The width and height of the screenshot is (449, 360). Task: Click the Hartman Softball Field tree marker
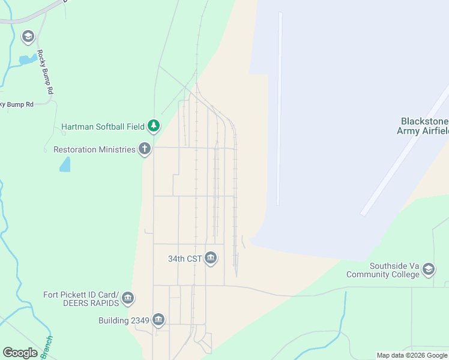click(154, 125)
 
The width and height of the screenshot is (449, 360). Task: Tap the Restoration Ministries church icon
click(144, 149)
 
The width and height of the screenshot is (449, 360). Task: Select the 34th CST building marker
click(211, 259)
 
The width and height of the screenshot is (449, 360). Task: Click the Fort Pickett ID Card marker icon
click(127, 298)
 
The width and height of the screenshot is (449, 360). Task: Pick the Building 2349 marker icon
click(158, 320)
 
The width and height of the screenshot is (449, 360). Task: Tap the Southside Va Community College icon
click(429, 269)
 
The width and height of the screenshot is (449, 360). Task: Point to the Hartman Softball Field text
click(103, 127)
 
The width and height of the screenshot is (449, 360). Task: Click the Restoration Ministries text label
click(94, 149)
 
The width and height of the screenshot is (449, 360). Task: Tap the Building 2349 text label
click(124, 320)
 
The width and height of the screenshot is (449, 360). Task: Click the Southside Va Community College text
click(382, 270)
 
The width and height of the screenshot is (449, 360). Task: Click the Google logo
click(20, 353)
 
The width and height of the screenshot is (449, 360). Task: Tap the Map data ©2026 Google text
click(412, 355)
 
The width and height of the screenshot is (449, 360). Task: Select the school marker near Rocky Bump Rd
click(28, 37)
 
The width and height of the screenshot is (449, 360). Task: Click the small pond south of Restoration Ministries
click(65, 164)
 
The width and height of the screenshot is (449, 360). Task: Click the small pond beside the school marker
click(27, 59)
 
